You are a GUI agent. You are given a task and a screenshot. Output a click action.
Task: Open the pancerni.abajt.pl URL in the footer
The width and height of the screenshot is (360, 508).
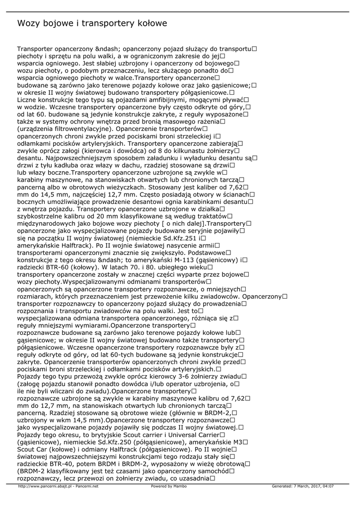pyautogui.click(x=45, y=486)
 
